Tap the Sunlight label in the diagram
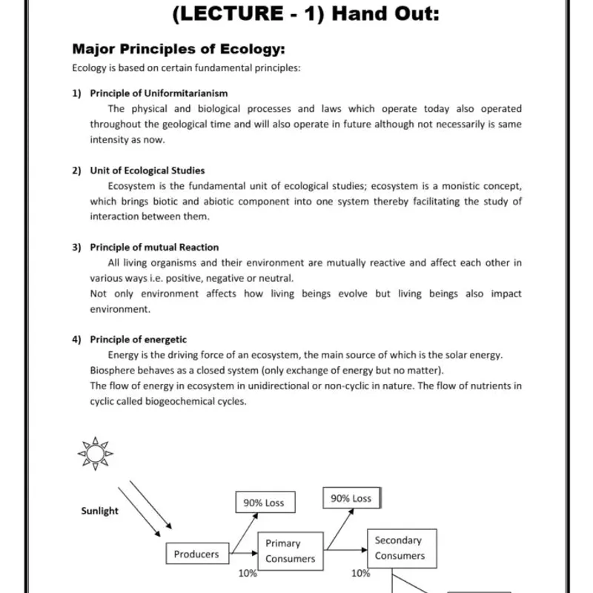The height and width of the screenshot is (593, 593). (99, 511)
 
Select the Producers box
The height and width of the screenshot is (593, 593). (196, 554)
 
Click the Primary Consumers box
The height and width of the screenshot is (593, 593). (291, 551)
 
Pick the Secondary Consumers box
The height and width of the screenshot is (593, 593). (402, 549)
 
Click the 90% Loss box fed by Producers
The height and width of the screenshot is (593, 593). (264, 503)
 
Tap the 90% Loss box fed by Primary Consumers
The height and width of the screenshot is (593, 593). (351, 499)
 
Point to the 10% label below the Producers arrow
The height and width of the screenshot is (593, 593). (248, 573)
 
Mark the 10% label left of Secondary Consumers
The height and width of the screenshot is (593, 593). (361, 573)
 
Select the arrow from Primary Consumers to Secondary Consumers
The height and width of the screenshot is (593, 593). (345, 550)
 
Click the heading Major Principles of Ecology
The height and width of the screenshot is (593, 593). (179, 50)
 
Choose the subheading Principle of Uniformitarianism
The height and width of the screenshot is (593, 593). (159, 93)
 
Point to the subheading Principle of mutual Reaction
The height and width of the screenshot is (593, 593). (154, 248)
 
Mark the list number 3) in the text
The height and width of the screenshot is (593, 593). (76, 248)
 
